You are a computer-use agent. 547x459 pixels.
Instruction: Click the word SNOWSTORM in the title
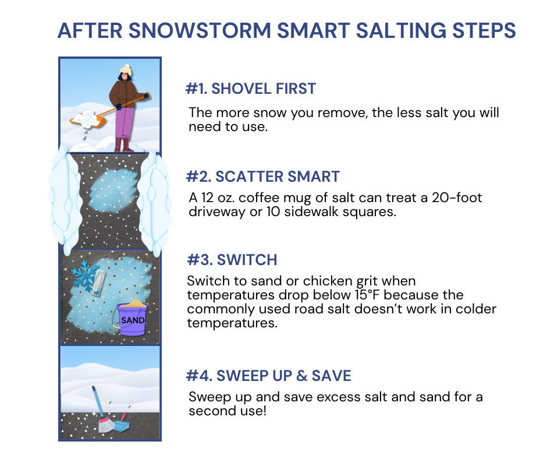click(x=200, y=30)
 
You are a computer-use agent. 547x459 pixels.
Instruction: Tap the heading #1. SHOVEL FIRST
click(x=251, y=89)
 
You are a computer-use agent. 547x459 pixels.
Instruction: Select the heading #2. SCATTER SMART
click(x=263, y=176)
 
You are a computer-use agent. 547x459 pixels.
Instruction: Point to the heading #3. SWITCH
click(x=232, y=260)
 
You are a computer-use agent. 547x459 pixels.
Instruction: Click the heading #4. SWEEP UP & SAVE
click(x=269, y=376)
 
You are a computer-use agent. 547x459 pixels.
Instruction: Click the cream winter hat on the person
click(x=126, y=70)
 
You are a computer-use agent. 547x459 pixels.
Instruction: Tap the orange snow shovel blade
click(x=87, y=119)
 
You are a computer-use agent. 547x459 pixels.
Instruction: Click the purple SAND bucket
click(x=132, y=319)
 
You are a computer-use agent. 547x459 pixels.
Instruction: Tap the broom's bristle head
click(x=106, y=425)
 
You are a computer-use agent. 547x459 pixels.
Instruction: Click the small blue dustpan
click(x=122, y=423)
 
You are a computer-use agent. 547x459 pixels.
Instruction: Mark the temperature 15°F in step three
click(x=367, y=295)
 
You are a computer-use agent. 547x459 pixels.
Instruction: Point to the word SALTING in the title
click(x=401, y=30)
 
